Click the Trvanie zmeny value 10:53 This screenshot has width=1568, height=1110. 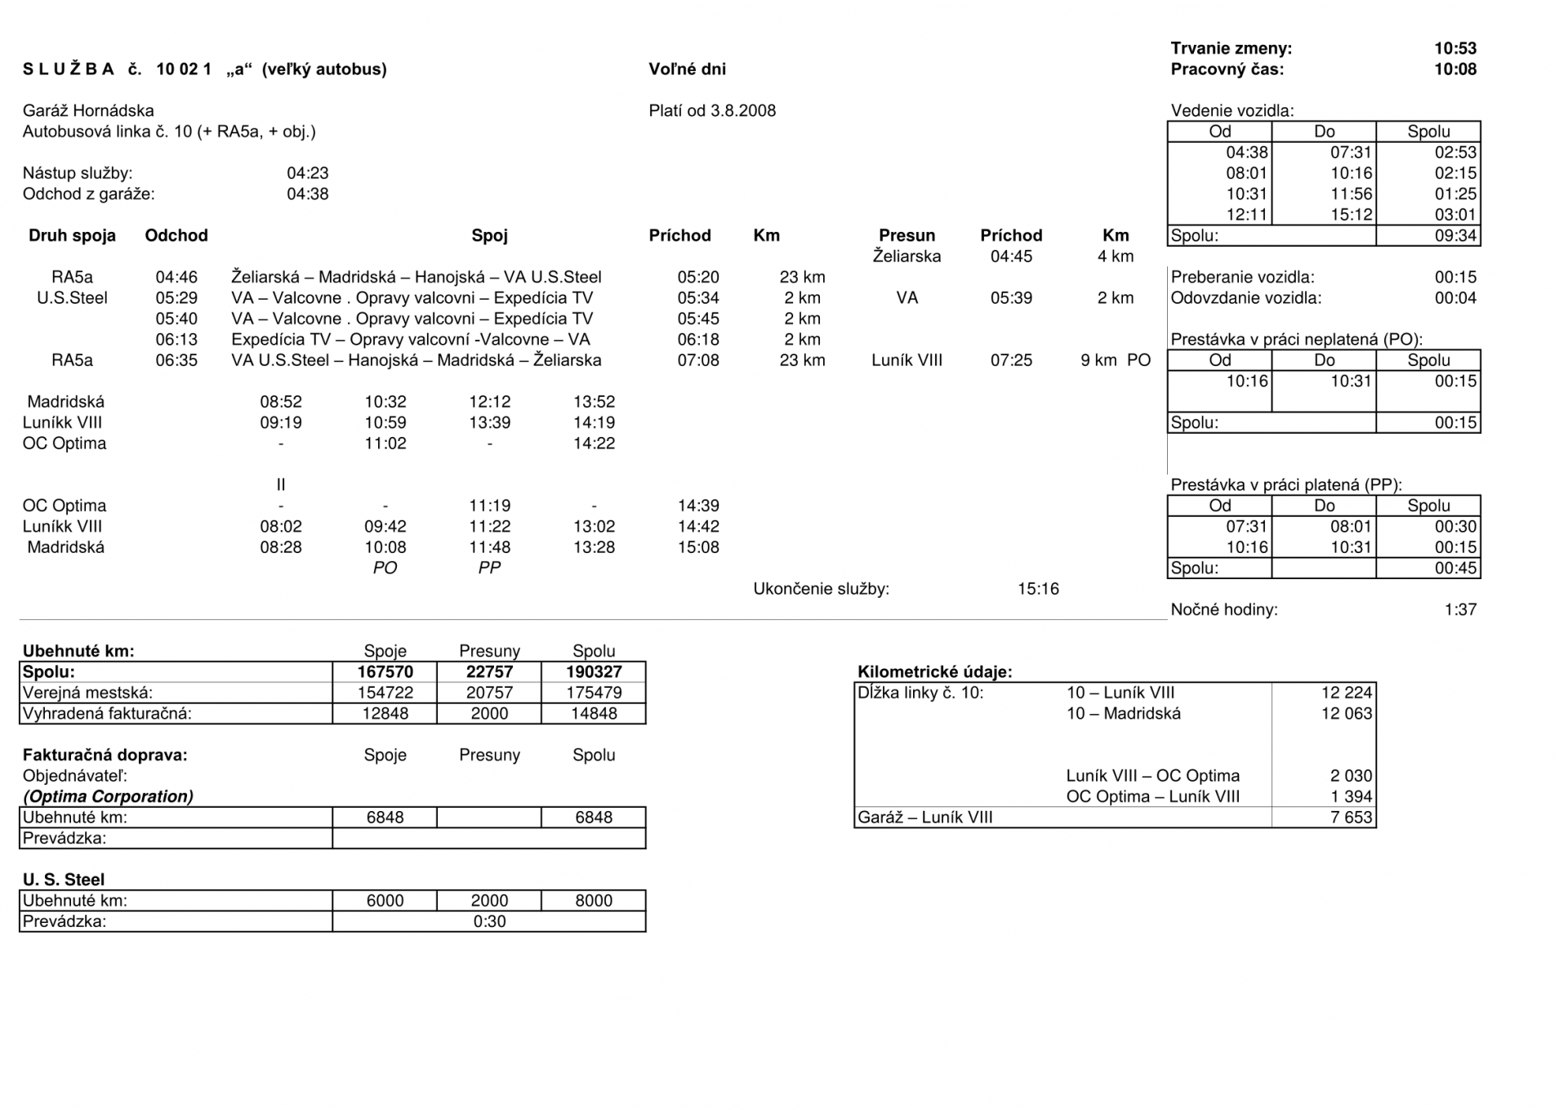pos(1454,48)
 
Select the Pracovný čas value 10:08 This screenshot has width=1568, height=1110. pos(1454,69)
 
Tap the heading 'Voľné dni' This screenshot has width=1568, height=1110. pos(687,69)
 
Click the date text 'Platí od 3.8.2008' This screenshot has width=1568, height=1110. pos(712,111)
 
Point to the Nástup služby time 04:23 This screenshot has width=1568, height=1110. pos(307,173)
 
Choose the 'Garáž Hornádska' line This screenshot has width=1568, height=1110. pos(88,111)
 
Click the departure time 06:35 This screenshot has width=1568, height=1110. pos(176,360)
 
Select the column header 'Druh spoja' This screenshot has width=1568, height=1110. pos(72,236)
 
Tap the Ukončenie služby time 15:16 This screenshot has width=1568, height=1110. pos(1038,589)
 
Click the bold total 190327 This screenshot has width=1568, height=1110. pos(594,672)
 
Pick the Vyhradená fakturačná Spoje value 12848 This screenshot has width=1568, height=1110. pos(385,714)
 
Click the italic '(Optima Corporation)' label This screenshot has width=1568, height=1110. pos(108,796)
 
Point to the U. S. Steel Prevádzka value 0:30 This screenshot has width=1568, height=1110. pos(489,921)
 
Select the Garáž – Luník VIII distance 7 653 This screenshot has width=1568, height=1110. pos(1351,818)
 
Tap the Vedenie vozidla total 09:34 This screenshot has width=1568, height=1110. pos(1455,236)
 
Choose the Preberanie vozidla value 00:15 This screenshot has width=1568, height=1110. pos(1455,278)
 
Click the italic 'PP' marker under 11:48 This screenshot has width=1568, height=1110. pos(489,568)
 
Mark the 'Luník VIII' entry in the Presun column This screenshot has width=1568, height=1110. pos(906,360)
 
